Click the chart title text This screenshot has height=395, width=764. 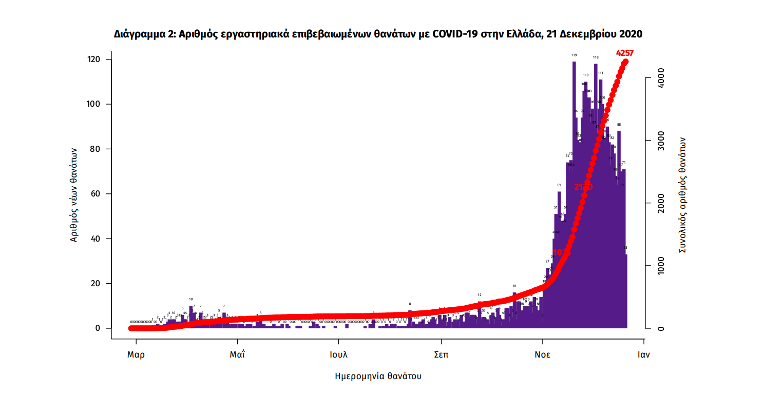pyautogui.click(x=378, y=34)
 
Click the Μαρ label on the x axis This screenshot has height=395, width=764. pyautogui.click(x=136, y=354)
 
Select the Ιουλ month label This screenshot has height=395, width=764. pyautogui.click(x=338, y=354)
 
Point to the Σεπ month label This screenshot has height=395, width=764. pyautogui.click(x=441, y=354)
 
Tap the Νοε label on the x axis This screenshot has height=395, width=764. pyautogui.click(x=543, y=354)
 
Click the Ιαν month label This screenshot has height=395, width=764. pyautogui.click(x=643, y=354)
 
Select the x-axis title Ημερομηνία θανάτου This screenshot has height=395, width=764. pyautogui.click(x=378, y=376)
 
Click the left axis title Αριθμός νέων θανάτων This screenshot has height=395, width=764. pyautogui.click(x=74, y=195)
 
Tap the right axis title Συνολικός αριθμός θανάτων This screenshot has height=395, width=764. pyautogui.click(x=683, y=195)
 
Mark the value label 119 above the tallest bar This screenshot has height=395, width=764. pyautogui.click(x=574, y=55)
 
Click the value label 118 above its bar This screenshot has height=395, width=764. pyautogui.click(x=596, y=57)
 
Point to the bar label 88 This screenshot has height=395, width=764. pyautogui.click(x=619, y=125)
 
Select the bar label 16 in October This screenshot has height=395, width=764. pyautogui.click(x=514, y=286)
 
